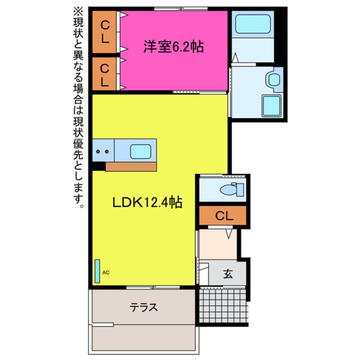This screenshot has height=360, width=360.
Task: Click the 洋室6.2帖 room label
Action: tap(173, 47)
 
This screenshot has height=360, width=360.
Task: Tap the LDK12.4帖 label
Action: tap(147, 203)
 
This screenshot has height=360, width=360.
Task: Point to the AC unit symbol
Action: tap(97, 271)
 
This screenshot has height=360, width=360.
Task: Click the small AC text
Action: tap(106, 273)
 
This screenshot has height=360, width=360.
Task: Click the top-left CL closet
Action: tap(105, 32)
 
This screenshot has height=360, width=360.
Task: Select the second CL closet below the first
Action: tap(105, 74)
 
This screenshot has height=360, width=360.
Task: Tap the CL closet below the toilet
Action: tap(223, 216)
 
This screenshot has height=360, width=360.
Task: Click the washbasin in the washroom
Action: tap(273, 79)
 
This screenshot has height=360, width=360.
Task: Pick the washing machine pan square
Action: tap(271, 105)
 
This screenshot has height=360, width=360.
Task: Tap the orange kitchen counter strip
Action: tap(130, 166)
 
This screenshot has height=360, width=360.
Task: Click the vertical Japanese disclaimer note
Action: tap(79, 106)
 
